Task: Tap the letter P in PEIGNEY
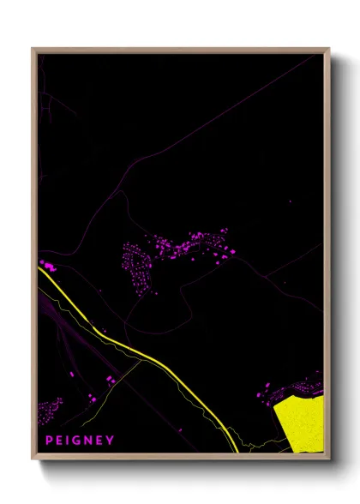[49, 441]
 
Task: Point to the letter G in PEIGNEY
[78, 441]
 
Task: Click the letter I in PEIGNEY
[69, 441]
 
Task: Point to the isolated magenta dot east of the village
[290, 202]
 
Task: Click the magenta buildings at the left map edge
[48, 267]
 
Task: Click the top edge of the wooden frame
[180, 51]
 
